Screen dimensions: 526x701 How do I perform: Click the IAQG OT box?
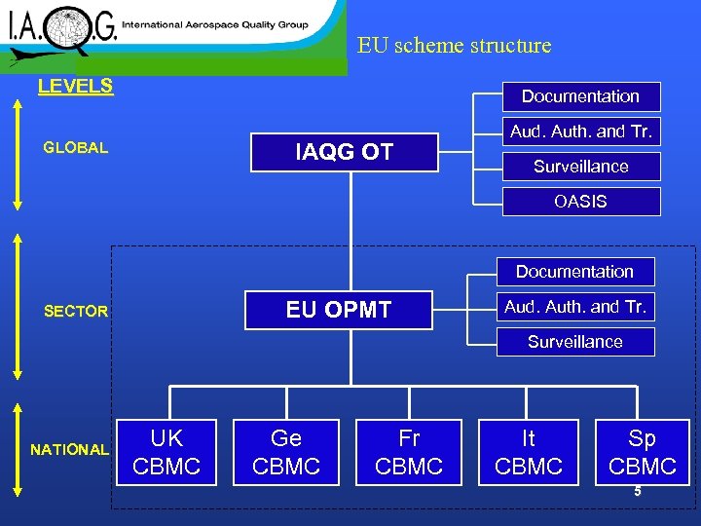click(344, 152)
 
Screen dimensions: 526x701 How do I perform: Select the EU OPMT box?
click(338, 310)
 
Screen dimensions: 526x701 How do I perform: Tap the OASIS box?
click(580, 202)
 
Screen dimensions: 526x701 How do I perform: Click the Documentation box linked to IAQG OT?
click(580, 96)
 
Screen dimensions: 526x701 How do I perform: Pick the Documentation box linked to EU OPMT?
click(574, 272)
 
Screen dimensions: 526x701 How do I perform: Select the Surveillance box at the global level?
click(580, 167)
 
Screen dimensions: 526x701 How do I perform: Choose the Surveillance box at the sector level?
click(574, 342)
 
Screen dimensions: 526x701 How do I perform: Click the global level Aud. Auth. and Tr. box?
click(580, 131)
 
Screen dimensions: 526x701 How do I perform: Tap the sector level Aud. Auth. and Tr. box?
click(574, 307)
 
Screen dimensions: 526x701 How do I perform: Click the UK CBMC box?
click(166, 452)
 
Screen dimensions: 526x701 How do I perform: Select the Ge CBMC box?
click(286, 452)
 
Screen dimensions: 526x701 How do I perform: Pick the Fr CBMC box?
click(409, 452)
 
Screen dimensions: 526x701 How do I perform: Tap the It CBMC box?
click(529, 452)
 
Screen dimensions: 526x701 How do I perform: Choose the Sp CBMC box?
click(643, 452)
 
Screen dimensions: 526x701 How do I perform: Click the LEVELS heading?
click(75, 86)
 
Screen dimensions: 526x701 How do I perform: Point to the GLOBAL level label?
click(76, 148)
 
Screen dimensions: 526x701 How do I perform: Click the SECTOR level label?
click(76, 312)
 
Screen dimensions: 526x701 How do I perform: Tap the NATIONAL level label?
click(69, 450)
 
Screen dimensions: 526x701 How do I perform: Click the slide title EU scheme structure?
click(454, 46)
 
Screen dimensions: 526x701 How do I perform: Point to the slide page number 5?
click(638, 492)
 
